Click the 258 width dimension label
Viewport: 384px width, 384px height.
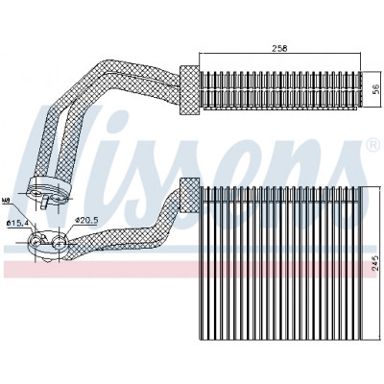tap(280, 48)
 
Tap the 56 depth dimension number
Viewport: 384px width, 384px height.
tap(375, 89)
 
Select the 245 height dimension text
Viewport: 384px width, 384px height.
tap(375, 263)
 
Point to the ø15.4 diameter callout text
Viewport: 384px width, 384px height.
tap(16, 223)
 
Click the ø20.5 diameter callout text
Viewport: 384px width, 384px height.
tap(85, 220)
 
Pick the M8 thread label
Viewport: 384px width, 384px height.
tap(6, 201)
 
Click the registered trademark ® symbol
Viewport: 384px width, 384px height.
tap(372, 145)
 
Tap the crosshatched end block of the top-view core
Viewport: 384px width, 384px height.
tap(189, 89)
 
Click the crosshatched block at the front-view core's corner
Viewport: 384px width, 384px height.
tap(189, 195)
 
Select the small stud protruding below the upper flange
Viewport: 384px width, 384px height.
tap(45, 203)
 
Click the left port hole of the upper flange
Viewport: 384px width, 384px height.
tap(37, 194)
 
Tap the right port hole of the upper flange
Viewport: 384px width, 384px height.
tap(58, 199)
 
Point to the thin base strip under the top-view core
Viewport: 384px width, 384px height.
tap(280, 108)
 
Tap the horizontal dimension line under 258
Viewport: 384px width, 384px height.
tap(280, 54)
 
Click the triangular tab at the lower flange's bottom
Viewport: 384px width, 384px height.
tap(48, 261)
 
